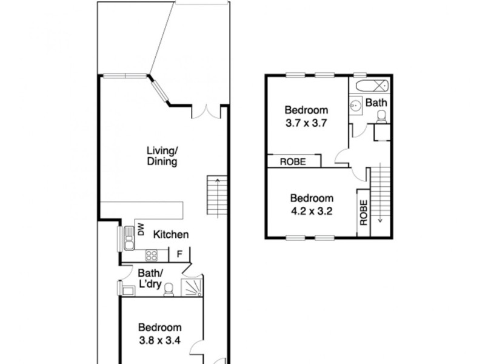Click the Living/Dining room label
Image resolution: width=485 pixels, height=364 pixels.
tap(161, 156)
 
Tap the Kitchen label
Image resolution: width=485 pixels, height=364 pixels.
tap(170, 235)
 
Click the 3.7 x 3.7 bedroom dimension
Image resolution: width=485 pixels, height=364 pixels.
tap(307, 122)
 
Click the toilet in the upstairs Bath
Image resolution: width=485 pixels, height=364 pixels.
tap(381, 117)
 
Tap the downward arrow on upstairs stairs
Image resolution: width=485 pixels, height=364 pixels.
tap(380, 220)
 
